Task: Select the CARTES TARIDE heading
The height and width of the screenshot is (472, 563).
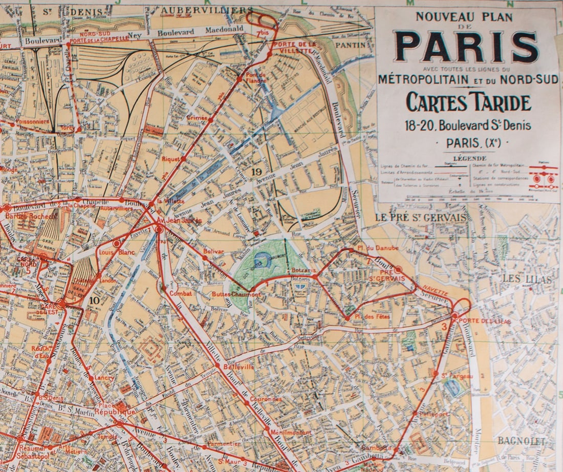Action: click(468, 103)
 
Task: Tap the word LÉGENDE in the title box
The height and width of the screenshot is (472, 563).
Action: click(465, 159)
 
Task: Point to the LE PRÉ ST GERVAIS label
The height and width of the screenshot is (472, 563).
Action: click(421, 218)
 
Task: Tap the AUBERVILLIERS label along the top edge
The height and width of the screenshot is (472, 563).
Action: click(207, 10)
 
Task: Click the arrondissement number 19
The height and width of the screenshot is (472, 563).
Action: click(257, 172)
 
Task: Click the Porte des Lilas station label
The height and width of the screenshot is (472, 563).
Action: click(477, 321)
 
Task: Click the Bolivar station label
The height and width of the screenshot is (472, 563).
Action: click(213, 251)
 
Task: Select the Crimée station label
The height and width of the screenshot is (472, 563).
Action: click(197, 117)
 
